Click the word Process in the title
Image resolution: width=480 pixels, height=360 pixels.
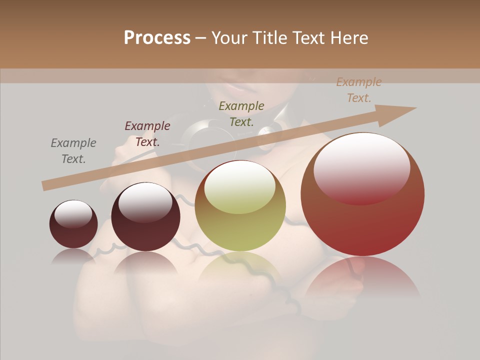click(157, 38)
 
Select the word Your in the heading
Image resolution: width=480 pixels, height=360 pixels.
click(228, 38)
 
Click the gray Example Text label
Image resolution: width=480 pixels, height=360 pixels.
click(73, 150)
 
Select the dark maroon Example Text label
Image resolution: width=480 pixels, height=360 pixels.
click(147, 133)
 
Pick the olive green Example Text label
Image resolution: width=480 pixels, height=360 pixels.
click(241, 113)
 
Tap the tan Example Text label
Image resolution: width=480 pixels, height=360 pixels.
click(358, 90)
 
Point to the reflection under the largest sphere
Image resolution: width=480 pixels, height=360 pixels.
click(362, 275)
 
